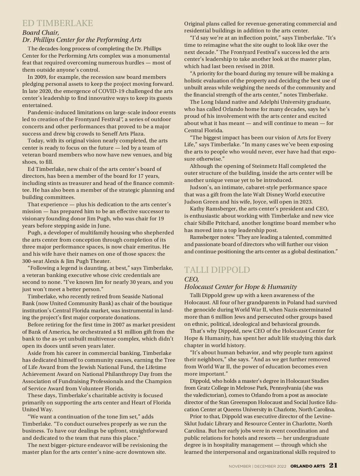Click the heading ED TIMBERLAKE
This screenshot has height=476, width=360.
click(58, 23)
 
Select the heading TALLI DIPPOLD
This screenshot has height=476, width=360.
click(217, 270)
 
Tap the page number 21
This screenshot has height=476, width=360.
click(333, 465)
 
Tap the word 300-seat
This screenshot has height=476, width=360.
click(33, 261)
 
